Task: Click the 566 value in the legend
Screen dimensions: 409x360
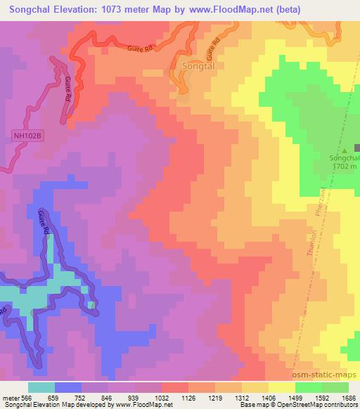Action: coord(29,397)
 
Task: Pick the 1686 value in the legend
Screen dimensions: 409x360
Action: coord(349,397)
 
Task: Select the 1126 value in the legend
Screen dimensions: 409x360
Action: coord(188,397)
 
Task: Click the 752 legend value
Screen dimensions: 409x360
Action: coord(82,397)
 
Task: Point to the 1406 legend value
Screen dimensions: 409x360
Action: coord(269,397)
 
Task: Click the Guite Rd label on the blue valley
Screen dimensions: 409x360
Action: coord(44,227)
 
